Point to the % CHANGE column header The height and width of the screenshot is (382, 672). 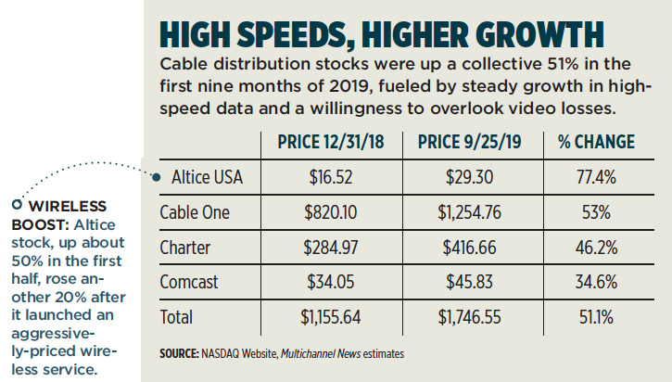pos(597,142)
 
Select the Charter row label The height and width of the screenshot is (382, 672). pos(187,248)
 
